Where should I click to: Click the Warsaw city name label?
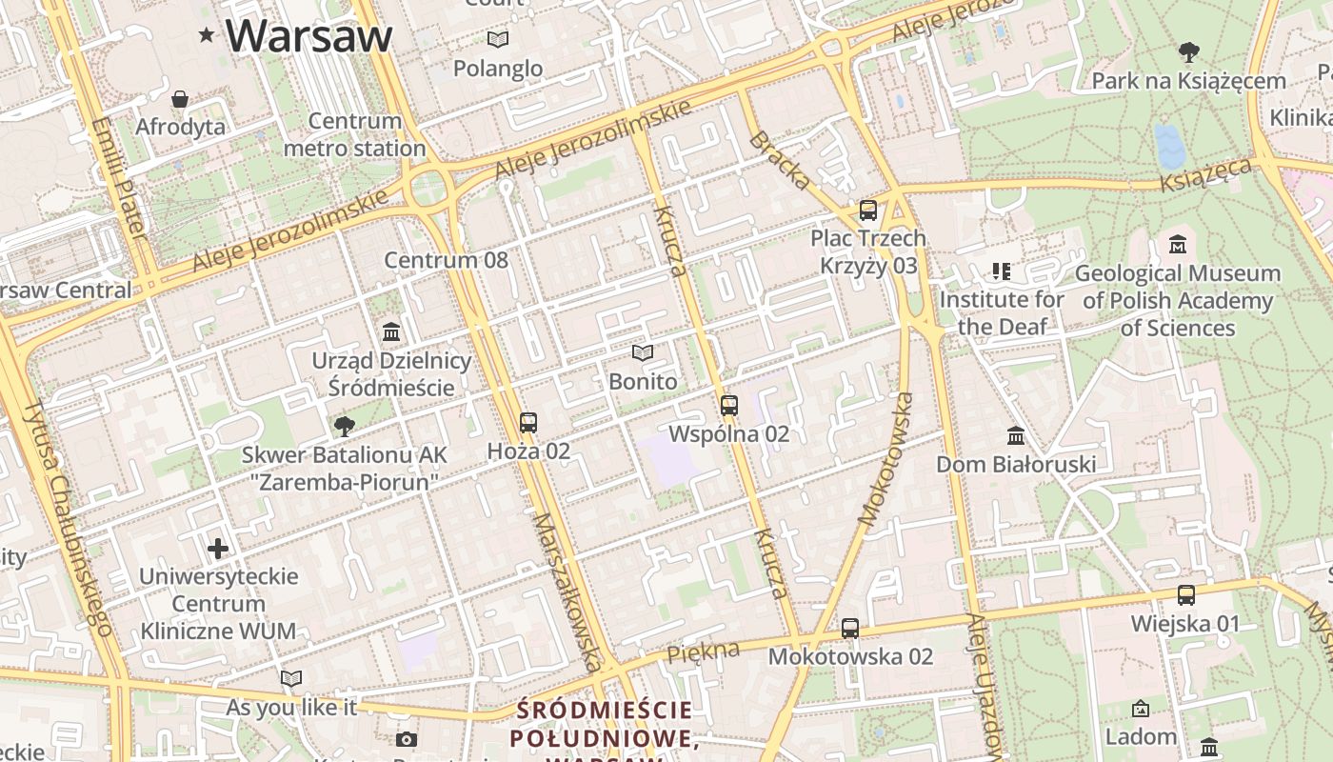pyautogui.click(x=308, y=35)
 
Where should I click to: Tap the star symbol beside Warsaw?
pyautogui.click(x=206, y=35)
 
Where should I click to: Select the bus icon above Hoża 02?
pyautogui.click(x=528, y=422)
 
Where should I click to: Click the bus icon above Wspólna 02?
pyautogui.click(x=729, y=405)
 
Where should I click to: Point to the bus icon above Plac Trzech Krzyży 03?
pyautogui.click(x=867, y=210)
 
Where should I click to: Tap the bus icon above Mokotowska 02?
pyautogui.click(x=850, y=629)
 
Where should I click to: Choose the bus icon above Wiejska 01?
pyautogui.click(x=1185, y=595)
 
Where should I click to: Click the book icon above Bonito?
pyautogui.click(x=644, y=353)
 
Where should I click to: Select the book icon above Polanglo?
pyautogui.click(x=498, y=40)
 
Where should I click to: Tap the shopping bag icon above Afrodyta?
pyautogui.click(x=180, y=99)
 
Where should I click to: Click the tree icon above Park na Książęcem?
pyautogui.click(x=1188, y=52)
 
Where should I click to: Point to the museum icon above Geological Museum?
pyautogui.click(x=1178, y=245)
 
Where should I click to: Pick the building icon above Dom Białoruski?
pyautogui.click(x=1016, y=435)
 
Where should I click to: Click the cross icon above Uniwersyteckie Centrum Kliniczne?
pyautogui.click(x=218, y=548)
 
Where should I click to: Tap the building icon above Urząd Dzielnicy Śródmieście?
pyautogui.click(x=391, y=332)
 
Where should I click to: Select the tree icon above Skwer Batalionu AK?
pyautogui.click(x=344, y=426)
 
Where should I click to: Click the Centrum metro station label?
pyautogui.click(x=354, y=134)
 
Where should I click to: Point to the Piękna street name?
pyautogui.click(x=704, y=653)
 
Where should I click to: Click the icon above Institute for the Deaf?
pyautogui.click(x=1001, y=271)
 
